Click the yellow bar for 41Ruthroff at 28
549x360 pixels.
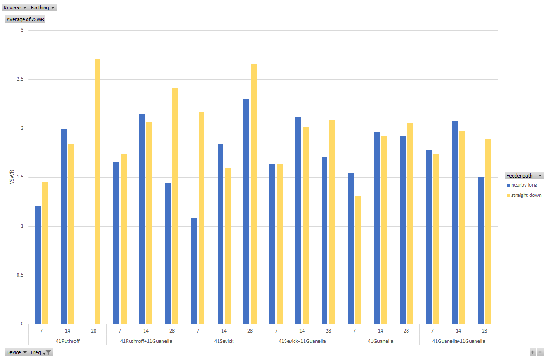point(97,191)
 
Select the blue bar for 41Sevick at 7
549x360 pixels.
point(194,270)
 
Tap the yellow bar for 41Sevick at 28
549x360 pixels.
point(254,194)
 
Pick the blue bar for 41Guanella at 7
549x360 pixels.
point(350,248)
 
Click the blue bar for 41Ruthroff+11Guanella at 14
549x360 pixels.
point(142,219)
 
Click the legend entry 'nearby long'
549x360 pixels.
point(524,185)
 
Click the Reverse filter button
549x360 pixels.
point(15,8)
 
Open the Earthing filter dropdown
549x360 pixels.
point(43,8)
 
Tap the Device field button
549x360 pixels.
point(16,352)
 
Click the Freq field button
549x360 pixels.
point(41,352)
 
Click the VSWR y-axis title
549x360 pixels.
point(11,177)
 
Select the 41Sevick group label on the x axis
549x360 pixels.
point(224,341)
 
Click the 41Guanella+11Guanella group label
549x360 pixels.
point(458,341)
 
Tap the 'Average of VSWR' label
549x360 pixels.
point(25,19)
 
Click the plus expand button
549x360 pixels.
point(533,352)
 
